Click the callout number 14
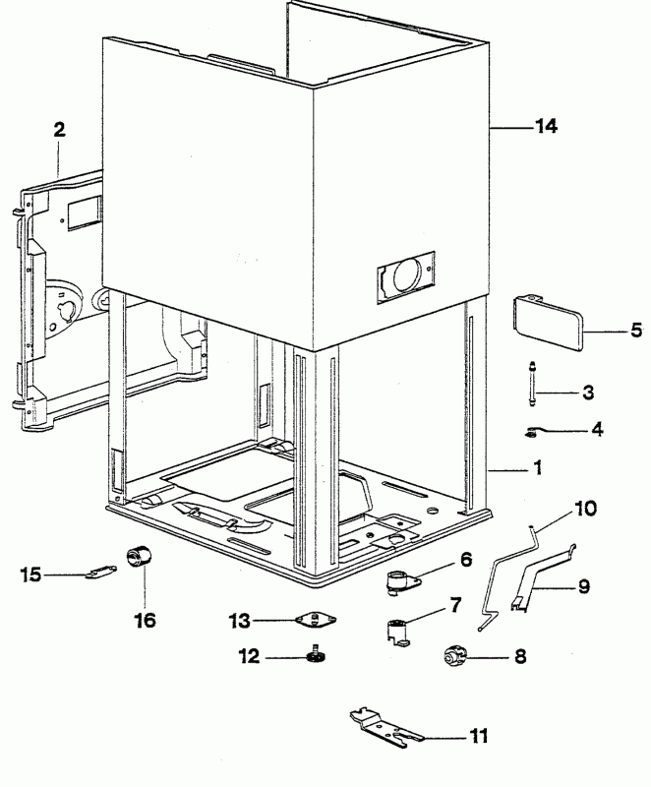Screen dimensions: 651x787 546,126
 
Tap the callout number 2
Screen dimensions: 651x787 59,130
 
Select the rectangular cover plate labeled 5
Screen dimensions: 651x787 548,325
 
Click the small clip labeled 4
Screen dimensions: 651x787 532,431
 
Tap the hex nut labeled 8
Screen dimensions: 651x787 455,656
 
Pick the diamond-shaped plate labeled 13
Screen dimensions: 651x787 316,621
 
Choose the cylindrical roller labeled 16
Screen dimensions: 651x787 139,556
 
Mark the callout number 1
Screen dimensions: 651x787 538,468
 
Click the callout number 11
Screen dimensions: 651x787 479,736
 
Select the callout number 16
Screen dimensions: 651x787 146,621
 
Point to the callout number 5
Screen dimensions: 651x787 636,330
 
